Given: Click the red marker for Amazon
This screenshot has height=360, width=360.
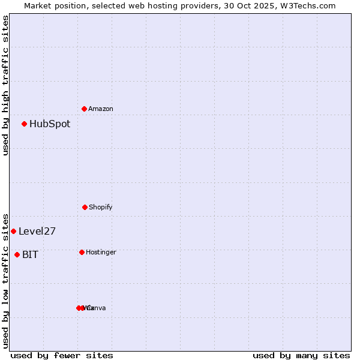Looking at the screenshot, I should click(x=85, y=109).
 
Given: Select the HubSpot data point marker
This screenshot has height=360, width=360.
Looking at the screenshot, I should click(x=25, y=124).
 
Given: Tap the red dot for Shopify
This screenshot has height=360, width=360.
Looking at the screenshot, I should click(x=85, y=207).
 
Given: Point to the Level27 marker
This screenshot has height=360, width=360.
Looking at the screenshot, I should click(x=13, y=231).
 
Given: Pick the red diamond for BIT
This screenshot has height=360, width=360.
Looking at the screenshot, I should click(x=17, y=254).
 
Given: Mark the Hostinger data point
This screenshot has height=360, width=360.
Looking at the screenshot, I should click(x=82, y=252).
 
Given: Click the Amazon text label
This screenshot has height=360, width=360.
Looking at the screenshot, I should click(x=101, y=109).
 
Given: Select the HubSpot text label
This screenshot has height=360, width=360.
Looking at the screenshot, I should click(x=50, y=124).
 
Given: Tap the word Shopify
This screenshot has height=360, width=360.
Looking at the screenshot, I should click(x=101, y=207).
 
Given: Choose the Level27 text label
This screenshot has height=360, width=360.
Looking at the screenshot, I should click(x=37, y=232).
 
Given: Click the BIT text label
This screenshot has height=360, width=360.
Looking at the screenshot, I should click(x=30, y=255).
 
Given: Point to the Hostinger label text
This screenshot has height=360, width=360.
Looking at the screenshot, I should click(x=101, y=252).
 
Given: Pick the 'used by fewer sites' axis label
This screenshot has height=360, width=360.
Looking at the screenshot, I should click(x=62, y=355).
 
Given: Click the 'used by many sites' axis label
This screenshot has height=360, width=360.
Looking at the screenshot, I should click(x=301, y=355).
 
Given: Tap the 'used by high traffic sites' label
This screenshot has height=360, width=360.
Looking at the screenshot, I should click(x=5, y=85).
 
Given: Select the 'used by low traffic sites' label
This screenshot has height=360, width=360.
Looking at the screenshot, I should click(x=5, y=281).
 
